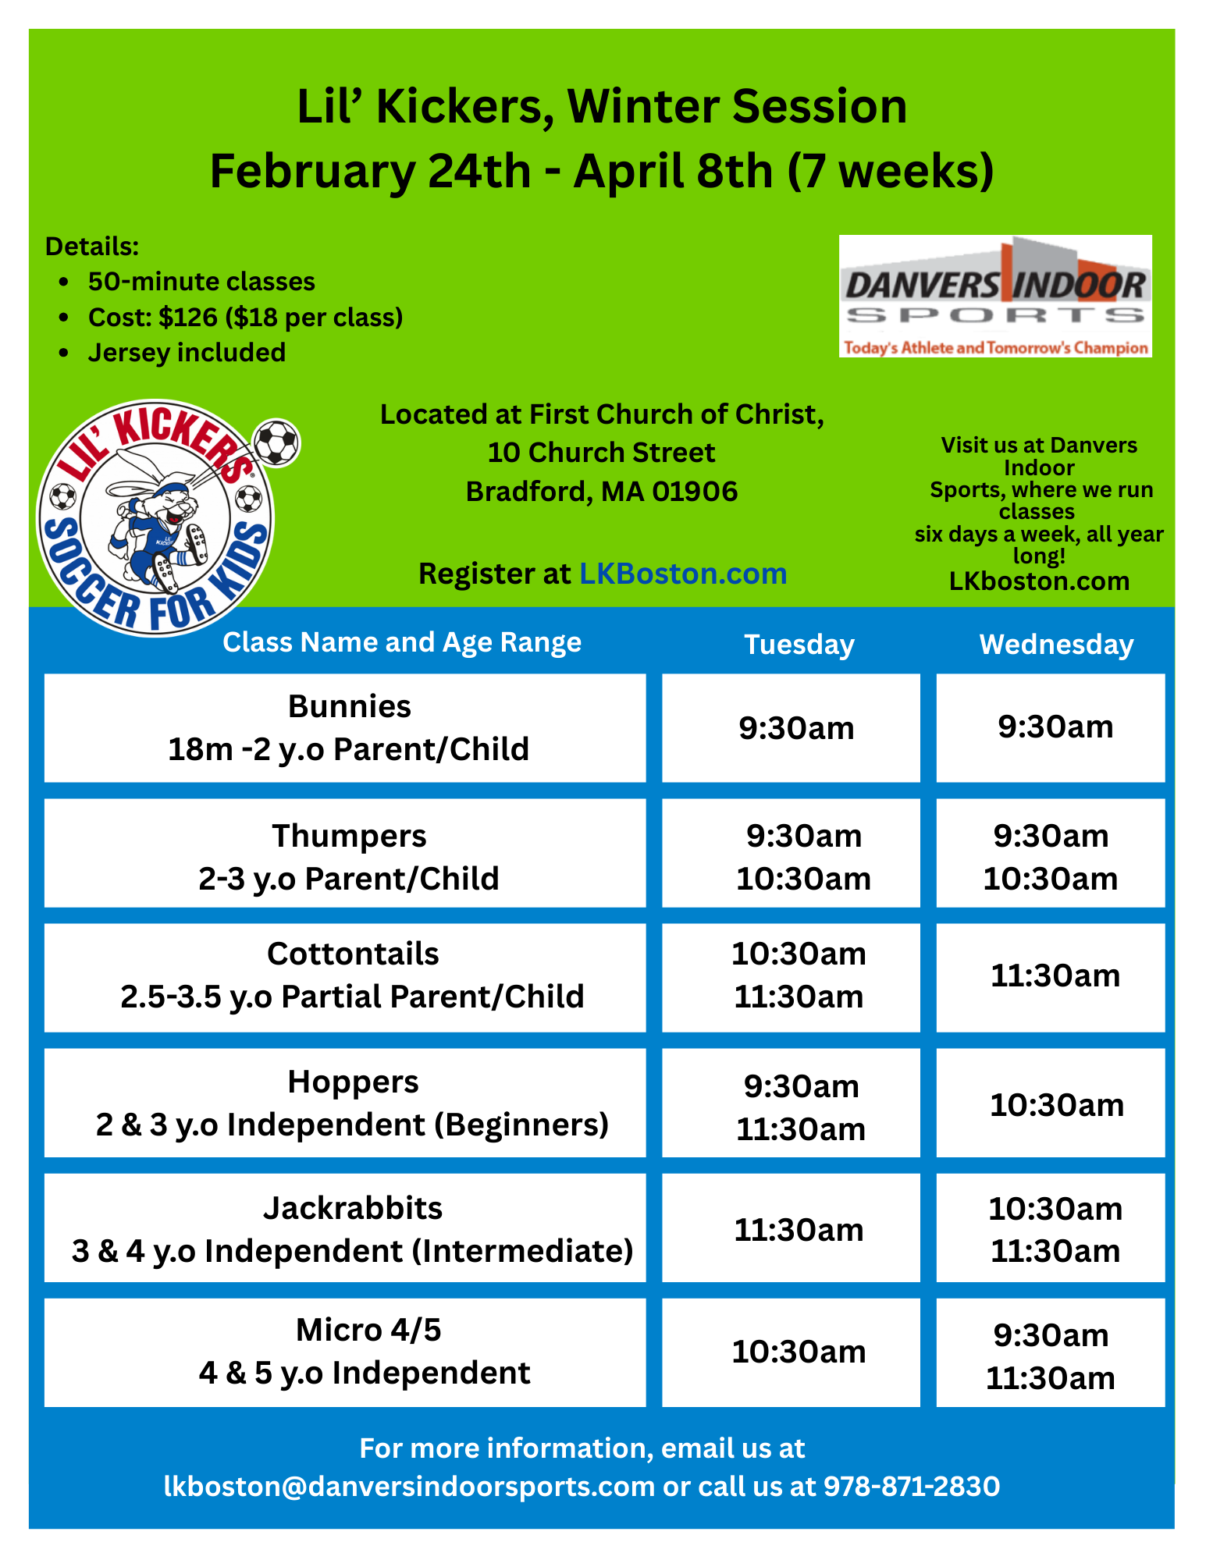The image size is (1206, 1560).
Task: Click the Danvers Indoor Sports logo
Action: click(x=995, y=297)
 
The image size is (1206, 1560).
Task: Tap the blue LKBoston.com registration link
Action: click(x=682, y=574)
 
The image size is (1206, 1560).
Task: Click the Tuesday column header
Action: click(x=799, y=645)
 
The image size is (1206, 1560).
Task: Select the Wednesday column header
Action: click(x=1056, y=645)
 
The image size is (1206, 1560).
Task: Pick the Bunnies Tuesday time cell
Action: click(x=796, y=728)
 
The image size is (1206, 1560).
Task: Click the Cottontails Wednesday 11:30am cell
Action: click(x=1055, y=975)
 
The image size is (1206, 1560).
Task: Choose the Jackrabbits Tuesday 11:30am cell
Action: click(x=799, y=1230)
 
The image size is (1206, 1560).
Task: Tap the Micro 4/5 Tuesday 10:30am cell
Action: click(x=799, y=1352)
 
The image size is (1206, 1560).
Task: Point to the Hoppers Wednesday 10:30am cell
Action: click(x=1056, y=1105)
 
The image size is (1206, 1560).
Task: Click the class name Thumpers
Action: click(x=349, y=836)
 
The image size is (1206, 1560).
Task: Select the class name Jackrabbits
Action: click(x=353, y=1208)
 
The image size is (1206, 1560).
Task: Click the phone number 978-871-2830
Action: click(x=911, y=1486)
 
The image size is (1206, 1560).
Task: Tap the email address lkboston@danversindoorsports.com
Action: click(x=409, y=1486)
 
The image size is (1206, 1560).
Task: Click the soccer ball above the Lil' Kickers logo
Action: click(x=277, y=442)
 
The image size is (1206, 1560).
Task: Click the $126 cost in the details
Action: click(x=188, y=318)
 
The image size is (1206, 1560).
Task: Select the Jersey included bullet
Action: click(x=187, y=353)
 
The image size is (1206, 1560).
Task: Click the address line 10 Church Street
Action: click(x=601, y=453)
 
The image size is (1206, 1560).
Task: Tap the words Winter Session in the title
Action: click(x=736, y=106)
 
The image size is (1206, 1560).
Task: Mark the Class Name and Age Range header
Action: click(x=402, y=642)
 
